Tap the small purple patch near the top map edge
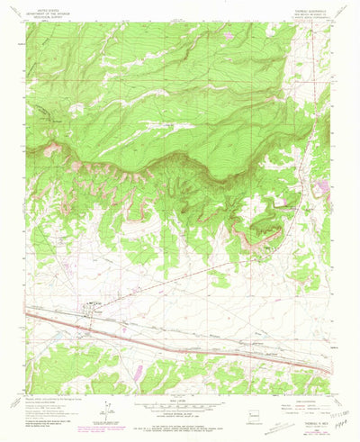click(230, 35)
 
